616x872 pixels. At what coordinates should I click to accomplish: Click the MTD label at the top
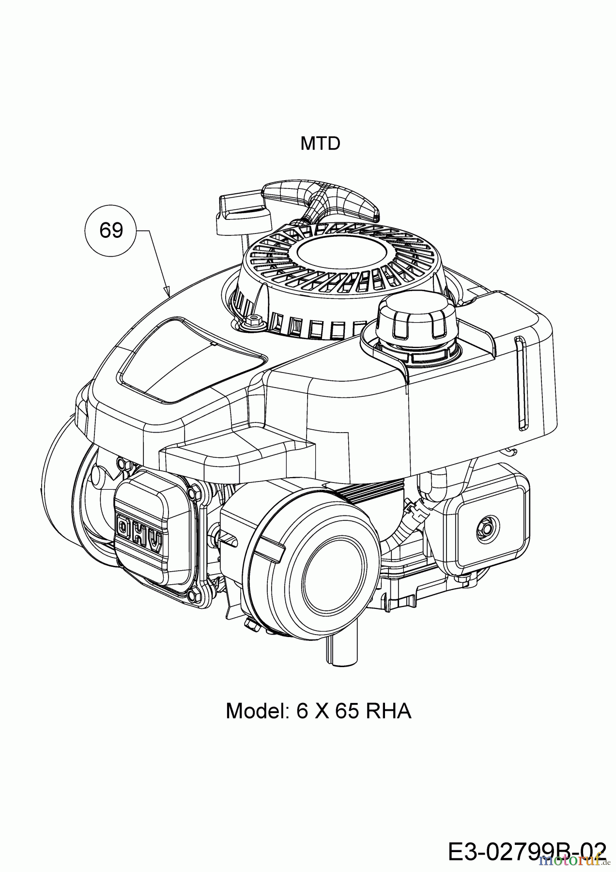[320, 143]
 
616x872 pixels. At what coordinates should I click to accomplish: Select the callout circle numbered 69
[111, 230]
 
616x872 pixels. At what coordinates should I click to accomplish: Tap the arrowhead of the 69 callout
[168, 293]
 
